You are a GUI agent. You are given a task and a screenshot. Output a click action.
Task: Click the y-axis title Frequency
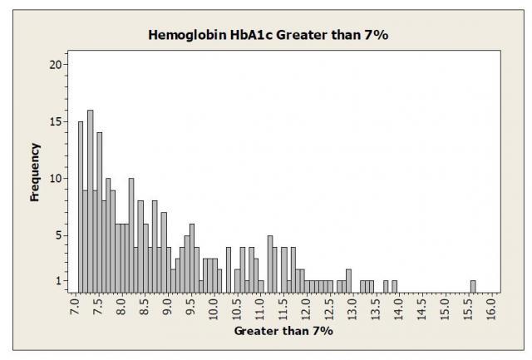click(35, 173)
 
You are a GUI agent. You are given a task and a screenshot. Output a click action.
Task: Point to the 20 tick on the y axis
click(64, 65)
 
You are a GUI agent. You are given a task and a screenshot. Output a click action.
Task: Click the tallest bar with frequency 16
click(90, 200)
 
